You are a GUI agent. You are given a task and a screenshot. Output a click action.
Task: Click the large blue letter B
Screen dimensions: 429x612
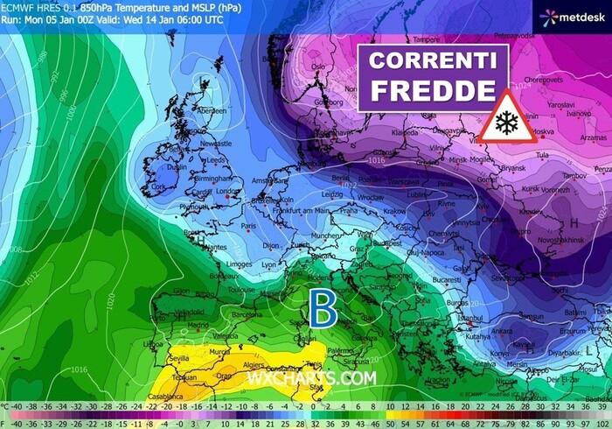[x=323, y=309]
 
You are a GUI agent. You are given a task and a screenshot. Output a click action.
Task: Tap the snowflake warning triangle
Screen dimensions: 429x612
[x=506, y=117]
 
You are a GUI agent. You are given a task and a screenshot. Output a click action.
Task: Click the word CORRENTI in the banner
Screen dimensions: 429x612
[x=432, y=62]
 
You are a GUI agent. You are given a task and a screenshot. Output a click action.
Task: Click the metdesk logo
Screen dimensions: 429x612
[x=573, y=17]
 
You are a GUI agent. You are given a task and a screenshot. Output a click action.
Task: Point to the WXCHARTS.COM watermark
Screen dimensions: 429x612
[x=311, y=378]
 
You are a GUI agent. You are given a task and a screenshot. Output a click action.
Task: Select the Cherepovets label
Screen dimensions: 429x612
[x=540, y=78]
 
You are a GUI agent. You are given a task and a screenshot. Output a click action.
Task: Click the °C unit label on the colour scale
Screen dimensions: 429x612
[x=6, y=407]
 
